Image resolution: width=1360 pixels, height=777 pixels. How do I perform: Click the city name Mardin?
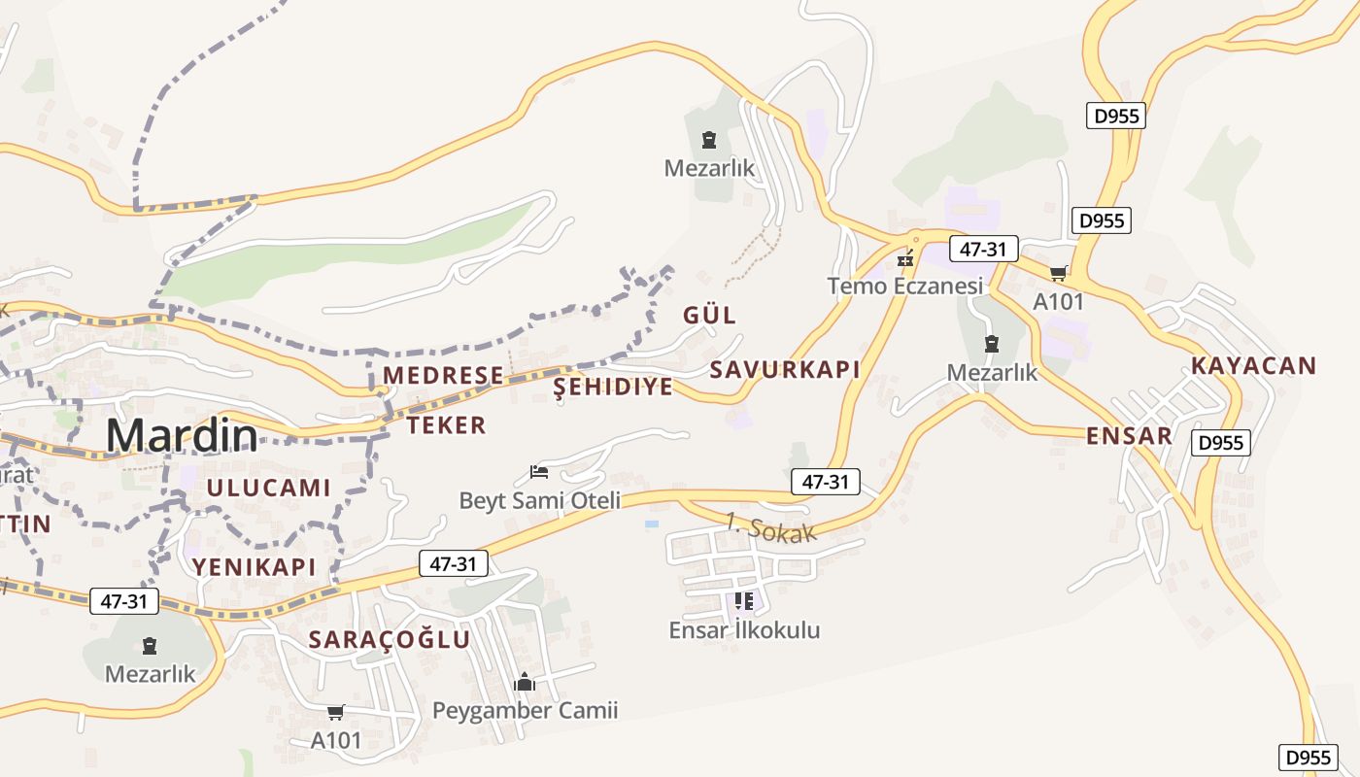pos(182,436)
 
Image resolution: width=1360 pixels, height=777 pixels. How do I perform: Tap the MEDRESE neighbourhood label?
pos(443,376)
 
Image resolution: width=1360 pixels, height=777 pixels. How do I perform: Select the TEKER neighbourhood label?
pos(446,425)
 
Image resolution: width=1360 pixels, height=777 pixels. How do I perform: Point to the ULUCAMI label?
pos(268,488)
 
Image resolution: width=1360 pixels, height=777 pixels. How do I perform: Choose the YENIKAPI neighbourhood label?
pos(254,567)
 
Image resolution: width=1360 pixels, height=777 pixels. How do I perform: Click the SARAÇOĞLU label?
pos(389,639)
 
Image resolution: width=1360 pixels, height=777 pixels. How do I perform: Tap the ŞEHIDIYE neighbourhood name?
pos(613,388)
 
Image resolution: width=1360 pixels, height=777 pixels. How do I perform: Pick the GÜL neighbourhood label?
pos(709,315)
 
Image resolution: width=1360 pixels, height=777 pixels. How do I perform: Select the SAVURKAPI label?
pos(785,370)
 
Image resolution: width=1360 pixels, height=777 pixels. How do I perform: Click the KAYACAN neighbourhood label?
pos(1254,366)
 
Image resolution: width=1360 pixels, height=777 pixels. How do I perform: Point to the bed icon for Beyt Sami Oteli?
pos(540,473)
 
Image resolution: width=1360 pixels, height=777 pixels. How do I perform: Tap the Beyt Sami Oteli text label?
pos(539,501)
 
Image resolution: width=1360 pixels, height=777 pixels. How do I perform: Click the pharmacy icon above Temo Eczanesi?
pos(905,259)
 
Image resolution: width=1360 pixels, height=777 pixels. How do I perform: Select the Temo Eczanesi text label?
pos(905,286)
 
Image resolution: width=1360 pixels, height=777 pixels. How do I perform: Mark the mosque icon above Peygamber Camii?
pos(525,683)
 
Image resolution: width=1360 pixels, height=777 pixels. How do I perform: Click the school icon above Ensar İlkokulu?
pos(744,601)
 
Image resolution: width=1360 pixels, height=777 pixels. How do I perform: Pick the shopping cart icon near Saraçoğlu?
pos(336,713)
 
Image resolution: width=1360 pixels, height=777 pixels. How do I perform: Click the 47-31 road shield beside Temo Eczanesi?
pos(982,250)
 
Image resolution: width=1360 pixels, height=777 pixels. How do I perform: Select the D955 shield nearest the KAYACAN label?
pos(1220,443)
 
